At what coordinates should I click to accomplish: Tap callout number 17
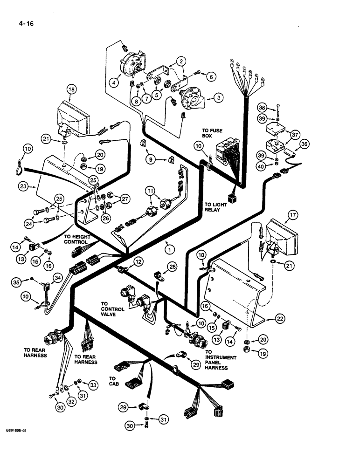[x=292, y=215]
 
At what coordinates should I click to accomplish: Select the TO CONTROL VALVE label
[x=112, y=309]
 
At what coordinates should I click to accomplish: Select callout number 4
[x=113, y=82]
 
